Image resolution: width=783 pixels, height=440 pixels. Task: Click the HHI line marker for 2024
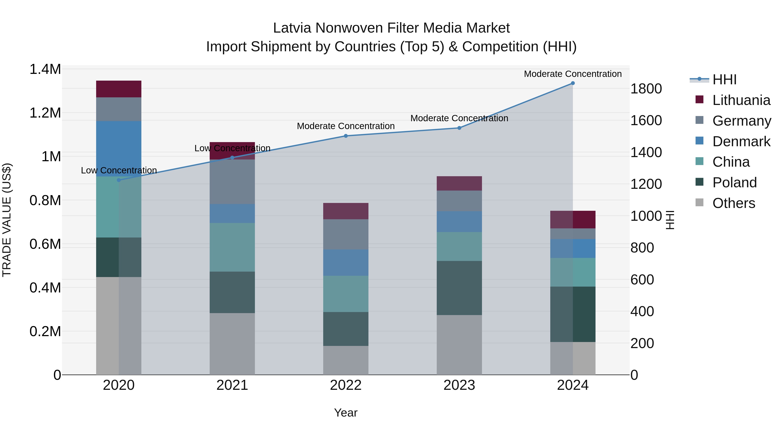573,83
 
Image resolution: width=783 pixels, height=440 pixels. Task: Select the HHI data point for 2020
119,180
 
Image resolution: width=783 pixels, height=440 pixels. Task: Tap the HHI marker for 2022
346,136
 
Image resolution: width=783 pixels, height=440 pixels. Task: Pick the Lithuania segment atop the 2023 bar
459,183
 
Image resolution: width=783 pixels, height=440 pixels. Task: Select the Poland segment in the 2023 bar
459,288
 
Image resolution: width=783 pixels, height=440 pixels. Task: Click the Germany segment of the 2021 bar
232,182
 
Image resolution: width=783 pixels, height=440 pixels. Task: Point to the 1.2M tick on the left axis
45,113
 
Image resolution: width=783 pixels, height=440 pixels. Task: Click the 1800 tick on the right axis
646,89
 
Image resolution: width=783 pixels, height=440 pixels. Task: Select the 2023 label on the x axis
459,385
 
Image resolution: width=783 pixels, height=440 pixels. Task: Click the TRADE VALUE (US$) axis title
7,220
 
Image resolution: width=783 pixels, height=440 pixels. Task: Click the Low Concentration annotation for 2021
232,148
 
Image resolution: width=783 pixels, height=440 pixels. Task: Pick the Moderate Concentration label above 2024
573,74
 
